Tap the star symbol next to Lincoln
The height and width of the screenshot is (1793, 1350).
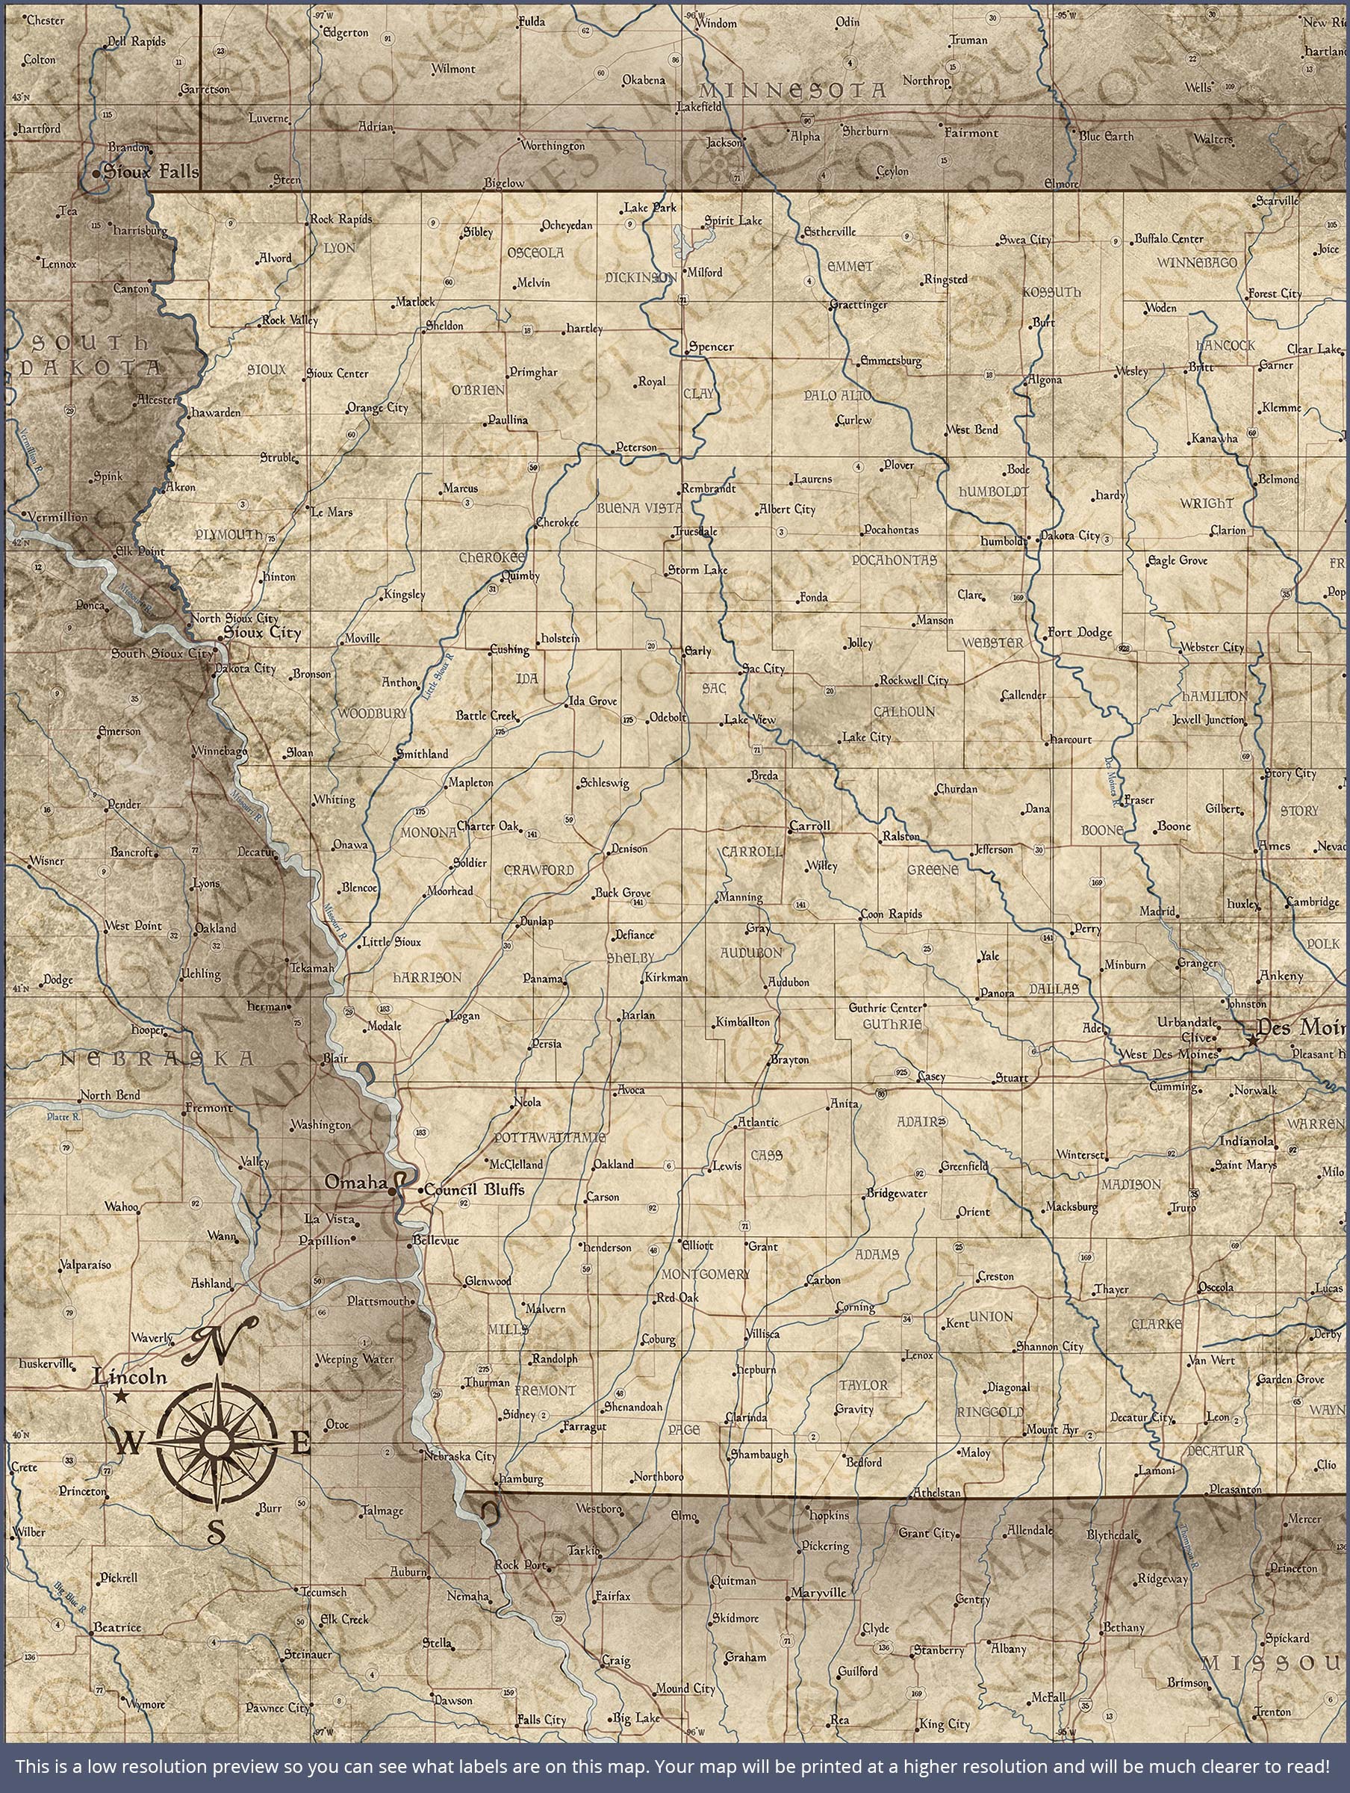tap(122, 1396)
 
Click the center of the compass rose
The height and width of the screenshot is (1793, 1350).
tap(216, 1442)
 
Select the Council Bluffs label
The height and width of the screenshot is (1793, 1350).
tap(474, 1190)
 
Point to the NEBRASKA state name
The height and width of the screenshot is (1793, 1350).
tap(158, 1059)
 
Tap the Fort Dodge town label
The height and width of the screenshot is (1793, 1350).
tap(1080, 632)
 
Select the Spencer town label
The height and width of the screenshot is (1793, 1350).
tap(711, 347)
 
